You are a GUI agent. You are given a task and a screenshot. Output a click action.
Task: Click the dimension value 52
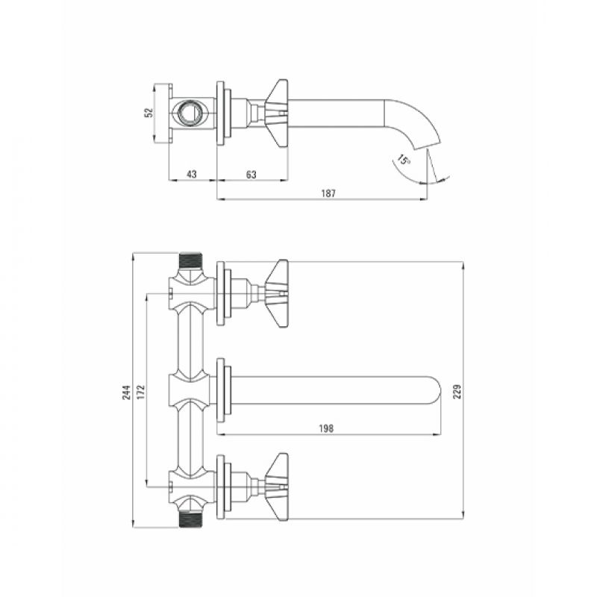[x=150, y=113]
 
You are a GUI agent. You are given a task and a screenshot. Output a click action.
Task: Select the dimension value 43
[x=192, y=175]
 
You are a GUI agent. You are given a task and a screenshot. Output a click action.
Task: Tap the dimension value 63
[x=251, y=175]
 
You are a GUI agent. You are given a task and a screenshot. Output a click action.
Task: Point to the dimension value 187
[x=328, y=193]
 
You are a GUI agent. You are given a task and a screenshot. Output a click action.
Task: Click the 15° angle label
[x=403, y=159]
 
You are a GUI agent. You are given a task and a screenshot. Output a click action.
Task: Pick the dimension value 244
[x=126, y=393]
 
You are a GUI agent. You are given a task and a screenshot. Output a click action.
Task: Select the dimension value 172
[x=141, y=393]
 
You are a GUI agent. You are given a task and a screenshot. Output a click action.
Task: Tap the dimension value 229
[x=457, y=391]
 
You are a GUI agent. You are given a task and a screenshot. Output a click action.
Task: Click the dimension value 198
[x=326, y=428]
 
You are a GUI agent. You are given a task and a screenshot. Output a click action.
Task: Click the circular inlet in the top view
[x=187, y=113]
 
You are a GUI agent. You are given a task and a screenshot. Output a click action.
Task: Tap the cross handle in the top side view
[x=277, y=113]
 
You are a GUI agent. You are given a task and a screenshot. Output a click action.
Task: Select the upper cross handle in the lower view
[x=277, y=293]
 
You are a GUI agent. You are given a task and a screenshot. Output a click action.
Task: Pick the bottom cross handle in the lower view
[x=277, y=487]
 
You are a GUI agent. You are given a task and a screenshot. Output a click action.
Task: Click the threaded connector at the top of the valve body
[x=191, y=260]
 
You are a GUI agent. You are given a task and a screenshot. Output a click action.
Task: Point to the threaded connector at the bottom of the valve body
[x=191, y=519]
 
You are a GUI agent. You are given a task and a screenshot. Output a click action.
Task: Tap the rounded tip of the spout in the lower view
[x=437, y=390]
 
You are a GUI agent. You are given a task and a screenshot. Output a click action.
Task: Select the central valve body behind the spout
[x=190, y=390]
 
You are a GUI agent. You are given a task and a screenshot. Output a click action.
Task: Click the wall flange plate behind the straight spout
[x=220, y=390]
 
